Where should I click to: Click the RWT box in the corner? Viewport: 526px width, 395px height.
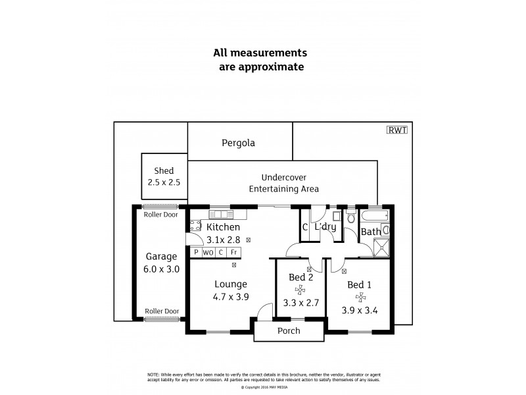(398, 130)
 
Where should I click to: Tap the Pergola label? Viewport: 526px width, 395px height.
(238, 142)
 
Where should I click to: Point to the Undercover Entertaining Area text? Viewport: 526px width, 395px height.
(283, 183)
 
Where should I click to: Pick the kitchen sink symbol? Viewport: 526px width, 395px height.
(218, 214)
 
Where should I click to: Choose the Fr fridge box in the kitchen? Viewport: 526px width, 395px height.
(234, 252)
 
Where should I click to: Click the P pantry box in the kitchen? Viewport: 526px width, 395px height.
(196, 252)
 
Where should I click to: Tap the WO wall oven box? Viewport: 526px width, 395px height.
(208, 252)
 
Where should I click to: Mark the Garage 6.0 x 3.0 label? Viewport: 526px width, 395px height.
(162, 262)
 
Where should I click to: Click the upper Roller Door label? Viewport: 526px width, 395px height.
(162, 214)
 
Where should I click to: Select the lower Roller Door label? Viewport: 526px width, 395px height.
(162, 311)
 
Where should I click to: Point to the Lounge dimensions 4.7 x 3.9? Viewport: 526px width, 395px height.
(230, 298)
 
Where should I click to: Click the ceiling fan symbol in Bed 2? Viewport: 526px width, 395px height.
(300, 290)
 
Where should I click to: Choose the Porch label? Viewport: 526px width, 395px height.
(289, 331)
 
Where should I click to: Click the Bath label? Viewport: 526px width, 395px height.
(370, 232)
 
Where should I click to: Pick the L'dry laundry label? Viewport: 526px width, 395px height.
(325, 227)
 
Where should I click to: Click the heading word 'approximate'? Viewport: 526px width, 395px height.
(262, 66)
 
